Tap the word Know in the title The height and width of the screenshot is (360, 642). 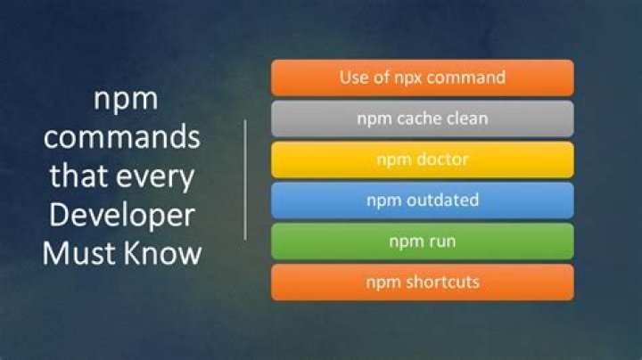pyautogui.click(x=164, y=253)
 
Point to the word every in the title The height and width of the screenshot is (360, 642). pyautogui.click(x=160, y=176)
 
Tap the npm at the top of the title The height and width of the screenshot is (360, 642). pyautogui.click(x=126, y=100)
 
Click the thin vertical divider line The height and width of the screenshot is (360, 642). pyautogui.click(x=245, y=178)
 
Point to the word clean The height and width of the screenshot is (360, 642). pyautogui.click(x=467, y=119)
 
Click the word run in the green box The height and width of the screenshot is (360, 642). pyautogui.click(x=439, y=241)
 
